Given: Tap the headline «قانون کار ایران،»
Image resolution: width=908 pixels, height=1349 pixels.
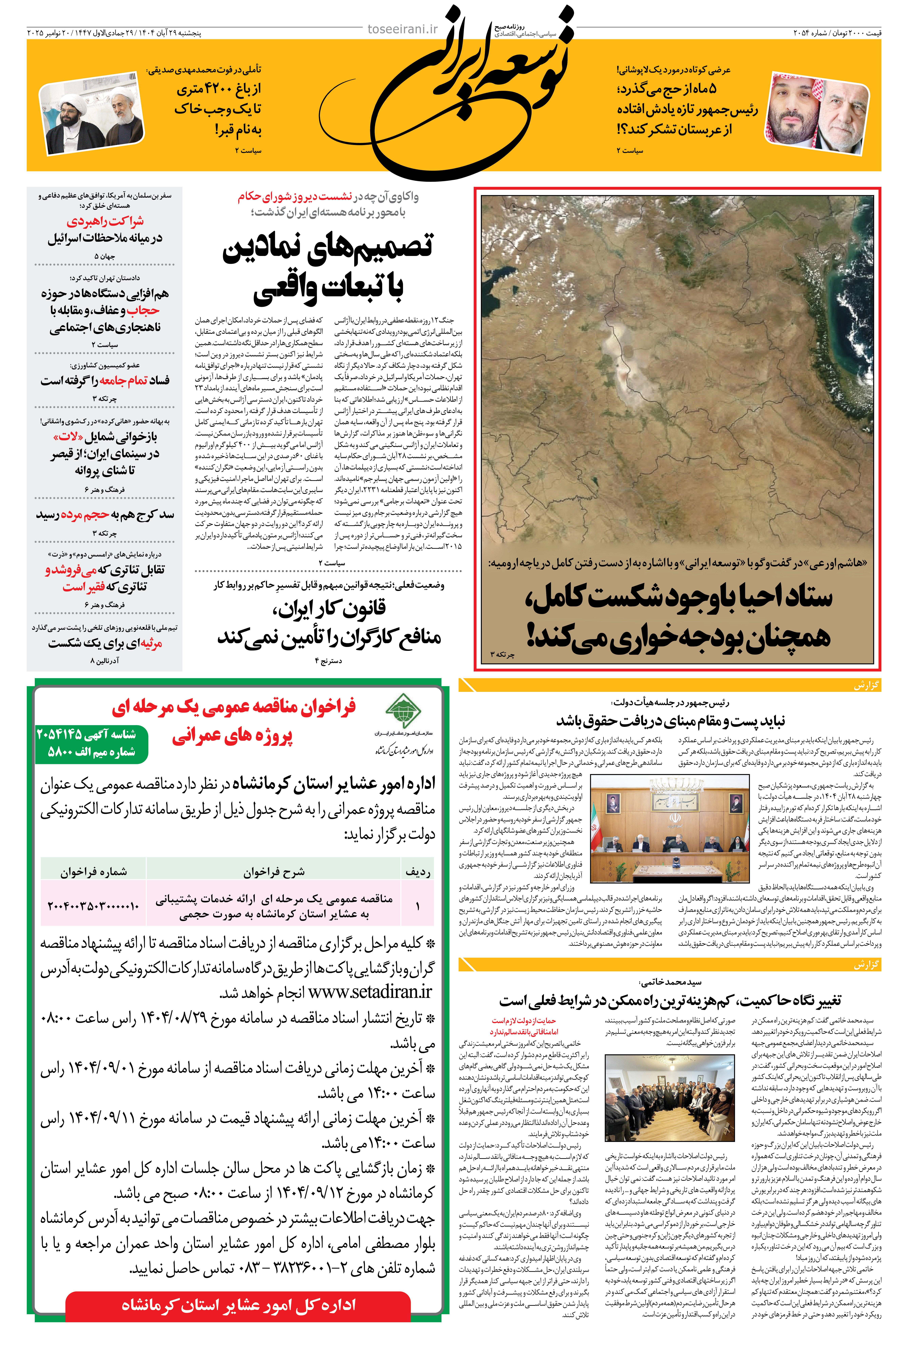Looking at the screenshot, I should coord(329,608).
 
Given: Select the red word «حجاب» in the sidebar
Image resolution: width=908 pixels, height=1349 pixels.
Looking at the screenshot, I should coord(143,310).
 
